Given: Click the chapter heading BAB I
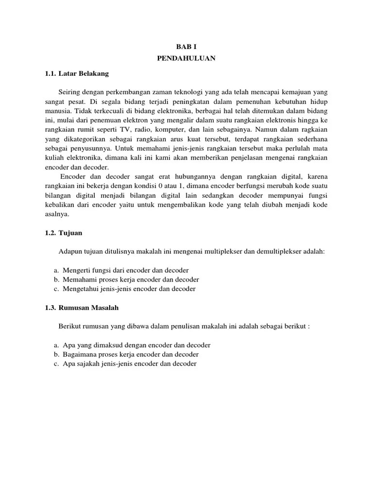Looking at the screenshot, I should pos(186,48).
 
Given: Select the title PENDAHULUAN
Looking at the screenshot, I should pos(186,58).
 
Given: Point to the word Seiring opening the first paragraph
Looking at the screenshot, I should pos(69,92).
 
